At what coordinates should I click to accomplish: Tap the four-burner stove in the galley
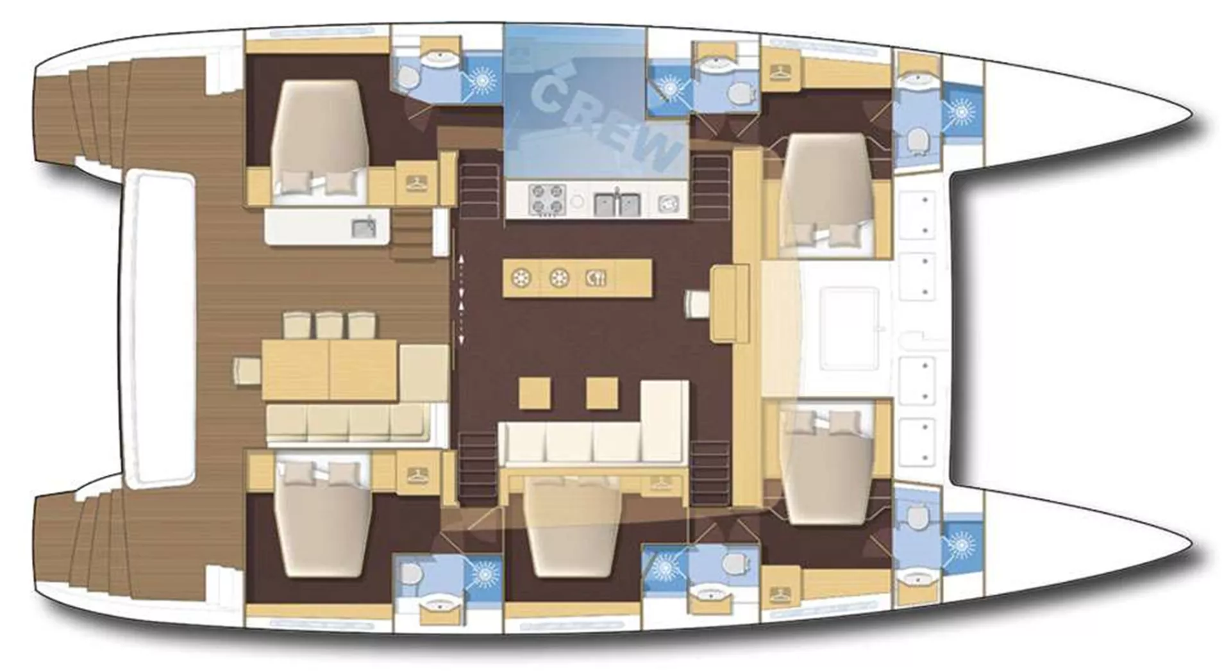(547, 199)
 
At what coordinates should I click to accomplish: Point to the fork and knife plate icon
(596, 278)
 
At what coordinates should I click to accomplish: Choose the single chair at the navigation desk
(698, 303)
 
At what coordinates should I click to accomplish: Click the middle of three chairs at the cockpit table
(330, 325)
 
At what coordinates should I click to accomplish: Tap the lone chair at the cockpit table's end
(247, 372)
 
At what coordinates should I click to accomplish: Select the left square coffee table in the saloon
(535, 393)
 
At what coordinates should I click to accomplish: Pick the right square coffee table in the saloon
(602, 393)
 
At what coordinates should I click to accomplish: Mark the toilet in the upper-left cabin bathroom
(406, 78)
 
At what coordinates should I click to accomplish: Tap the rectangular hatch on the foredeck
(850, 329)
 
